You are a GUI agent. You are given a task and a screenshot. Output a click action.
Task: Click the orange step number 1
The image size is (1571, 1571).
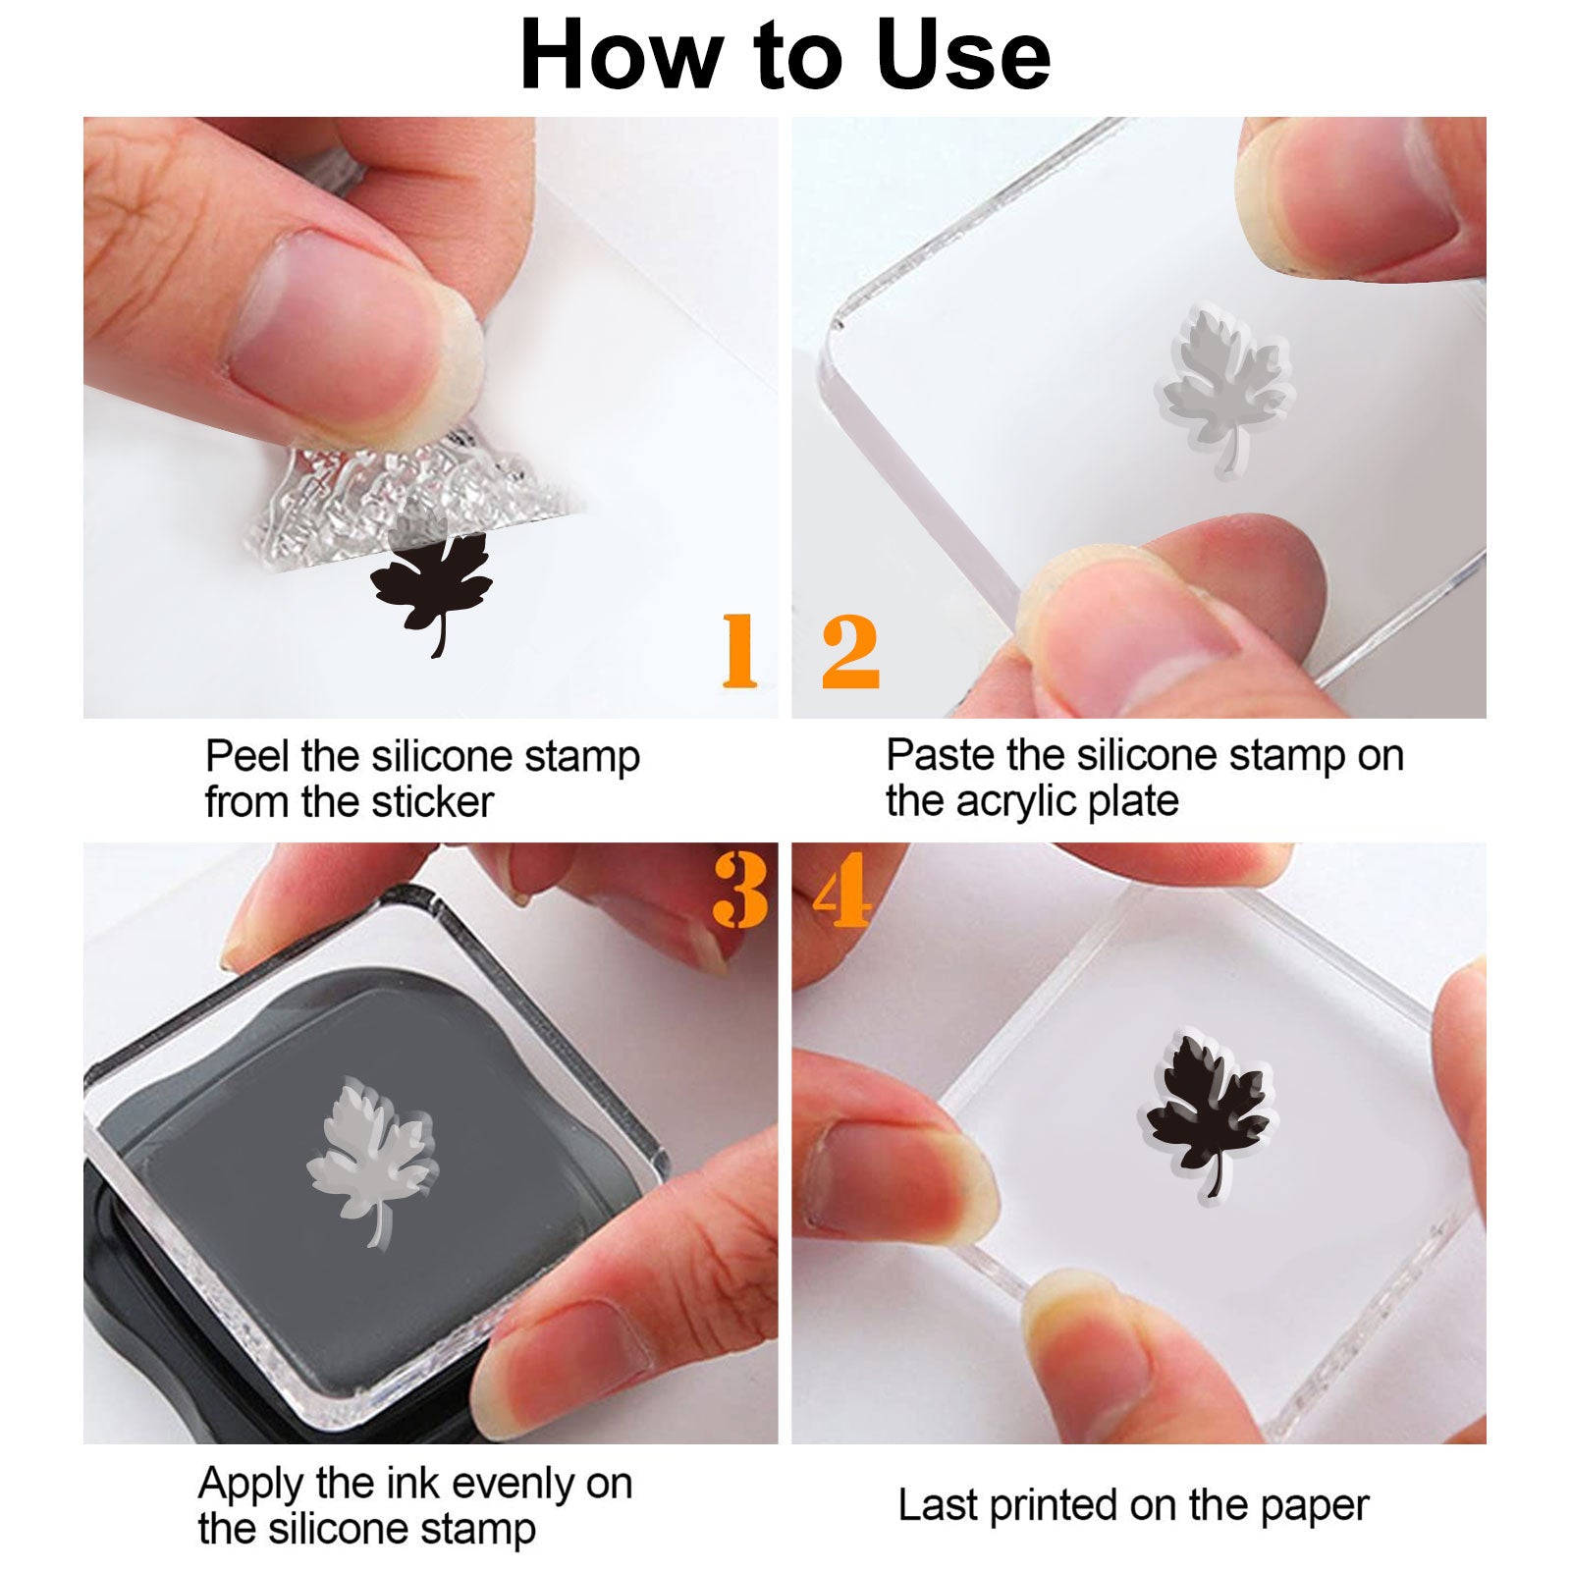tap(740, 650)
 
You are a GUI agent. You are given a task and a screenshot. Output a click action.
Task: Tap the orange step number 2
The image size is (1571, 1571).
tap(850, 650)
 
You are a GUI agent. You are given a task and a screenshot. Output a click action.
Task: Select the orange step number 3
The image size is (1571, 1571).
tap(741, 890)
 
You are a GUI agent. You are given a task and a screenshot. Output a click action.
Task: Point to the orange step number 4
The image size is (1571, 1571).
tap(842, 890)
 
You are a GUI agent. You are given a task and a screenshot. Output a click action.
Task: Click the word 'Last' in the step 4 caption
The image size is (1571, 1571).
tap(938, 1506)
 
